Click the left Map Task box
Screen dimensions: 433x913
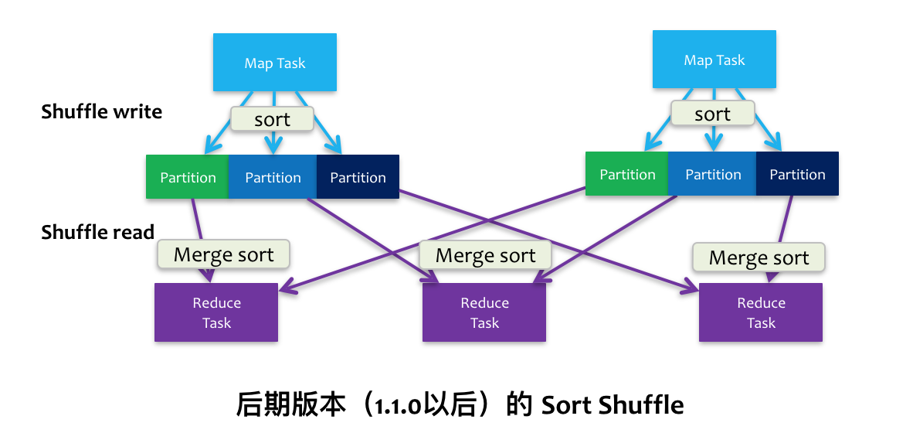[x=274, y=63]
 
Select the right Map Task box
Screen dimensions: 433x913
[x=714, y=60]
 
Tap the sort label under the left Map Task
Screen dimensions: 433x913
[x=272, y=119]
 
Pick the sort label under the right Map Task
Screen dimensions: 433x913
[x=712, y=114]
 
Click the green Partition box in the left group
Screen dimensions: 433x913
[x=188, y=177]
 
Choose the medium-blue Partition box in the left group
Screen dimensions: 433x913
[x=273, y=177]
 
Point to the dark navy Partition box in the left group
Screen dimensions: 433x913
[x=358, y=177]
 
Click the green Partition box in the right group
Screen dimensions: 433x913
[x=627, y=174]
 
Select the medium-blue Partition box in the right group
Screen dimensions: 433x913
[x=713, y=174]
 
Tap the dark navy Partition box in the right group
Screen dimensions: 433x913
[x=797, y=174]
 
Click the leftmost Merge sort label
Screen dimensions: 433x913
[x=224, y=254]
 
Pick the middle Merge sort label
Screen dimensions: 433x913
[x=486, y=255]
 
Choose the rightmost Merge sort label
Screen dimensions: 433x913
[x=759, y=257]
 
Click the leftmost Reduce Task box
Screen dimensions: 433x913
[x=216, y=312]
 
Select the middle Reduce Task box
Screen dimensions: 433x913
[x=484, y=312]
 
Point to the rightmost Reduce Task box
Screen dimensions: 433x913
[x=761, y=312]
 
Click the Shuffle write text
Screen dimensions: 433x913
[x=102, y=111]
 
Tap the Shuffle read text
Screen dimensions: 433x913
[x=98, y=232]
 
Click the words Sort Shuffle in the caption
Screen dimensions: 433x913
[x=613, y=405]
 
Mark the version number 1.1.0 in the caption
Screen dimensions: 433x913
[x=396, y=406]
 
